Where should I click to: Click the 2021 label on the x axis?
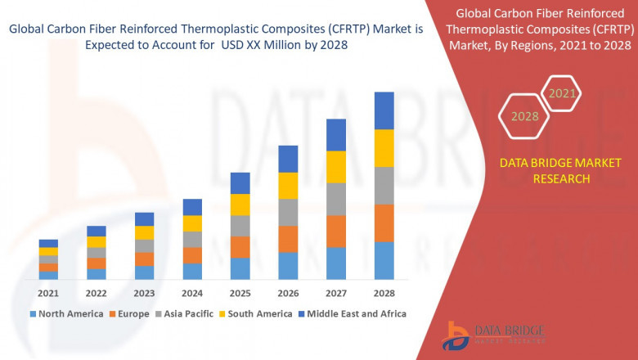click(x=48, y=293)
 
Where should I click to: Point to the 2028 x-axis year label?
click(x=384, y=293)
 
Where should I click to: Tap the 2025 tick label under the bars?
click(x=240, y=293)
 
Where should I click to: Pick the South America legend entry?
click(x=257, y=313)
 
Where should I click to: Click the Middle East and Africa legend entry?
click(x=353, y=313)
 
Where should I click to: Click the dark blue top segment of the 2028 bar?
click(x=384, y=110)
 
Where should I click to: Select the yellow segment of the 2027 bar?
click(x=336, y=167)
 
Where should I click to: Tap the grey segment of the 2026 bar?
click(x=288, y=212)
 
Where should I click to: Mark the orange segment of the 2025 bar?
click(x=240, y=247)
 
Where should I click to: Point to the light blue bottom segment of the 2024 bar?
click(x=192, y=271)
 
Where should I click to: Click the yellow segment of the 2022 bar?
click(x=97, y=241)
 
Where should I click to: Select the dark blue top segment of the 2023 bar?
click(x=144, y=218)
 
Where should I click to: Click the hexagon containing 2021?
click(x=562, y=93)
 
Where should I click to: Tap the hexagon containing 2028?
click(x=524, y=116)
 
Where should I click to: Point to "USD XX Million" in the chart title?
click(x=260, y=46)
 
